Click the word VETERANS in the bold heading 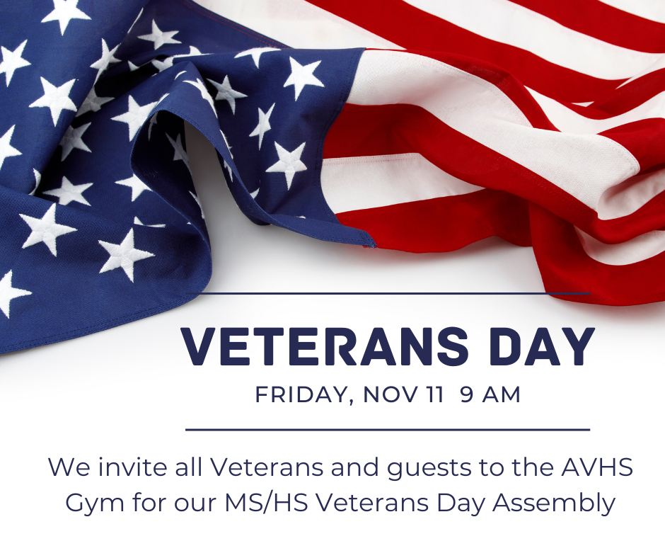325,347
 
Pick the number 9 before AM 466,394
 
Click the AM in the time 502,394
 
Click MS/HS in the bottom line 266,503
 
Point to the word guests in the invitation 426,468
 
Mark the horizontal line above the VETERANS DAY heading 388,293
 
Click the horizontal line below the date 388,430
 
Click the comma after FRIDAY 350,402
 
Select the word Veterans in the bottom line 375,503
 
